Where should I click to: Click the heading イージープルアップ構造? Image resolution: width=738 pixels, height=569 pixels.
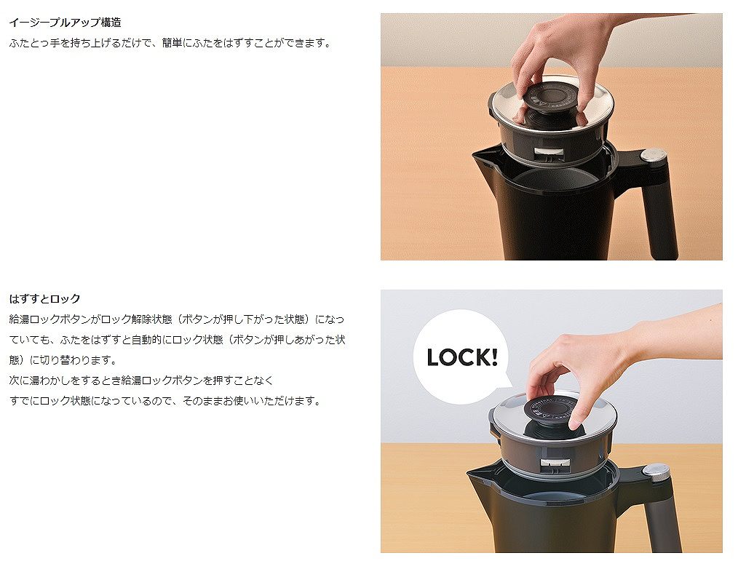coord(65,22)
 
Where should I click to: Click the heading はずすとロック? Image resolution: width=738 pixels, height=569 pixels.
coord(44,298)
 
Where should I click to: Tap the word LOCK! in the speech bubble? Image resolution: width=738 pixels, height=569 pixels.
coord(461,357)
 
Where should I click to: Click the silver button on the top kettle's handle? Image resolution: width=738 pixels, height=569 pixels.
coord(653,155)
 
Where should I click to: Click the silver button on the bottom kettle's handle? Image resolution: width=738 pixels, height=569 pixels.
coord(655,471)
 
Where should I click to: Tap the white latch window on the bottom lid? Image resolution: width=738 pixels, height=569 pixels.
coord(556,465)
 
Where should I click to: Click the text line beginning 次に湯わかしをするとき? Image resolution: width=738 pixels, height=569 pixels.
coord(141,381)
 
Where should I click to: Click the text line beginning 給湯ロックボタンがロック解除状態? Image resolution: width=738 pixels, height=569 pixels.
coord(177,319)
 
